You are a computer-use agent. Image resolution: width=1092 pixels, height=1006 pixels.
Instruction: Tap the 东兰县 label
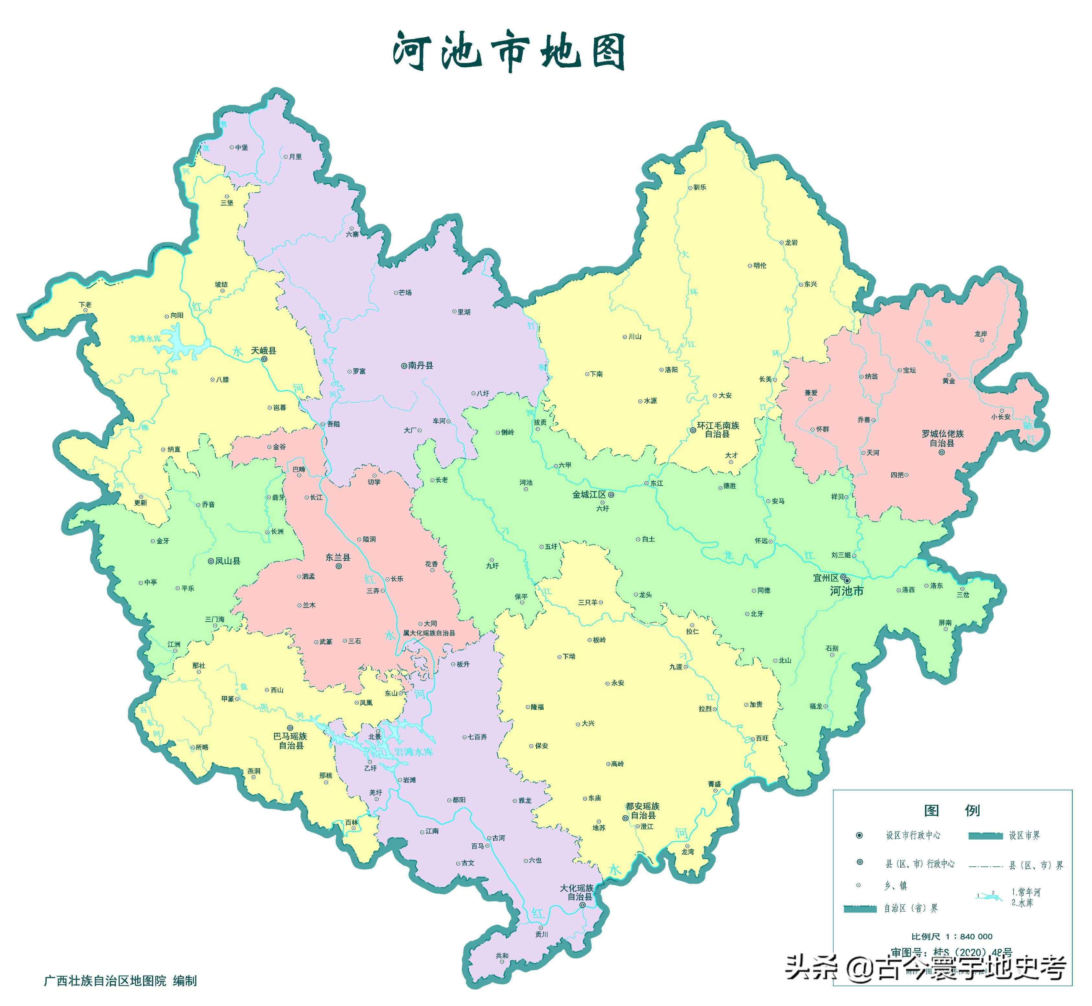(x=338, y=557)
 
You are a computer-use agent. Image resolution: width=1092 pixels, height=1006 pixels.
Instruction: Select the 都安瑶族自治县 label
(x=643, y=811)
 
